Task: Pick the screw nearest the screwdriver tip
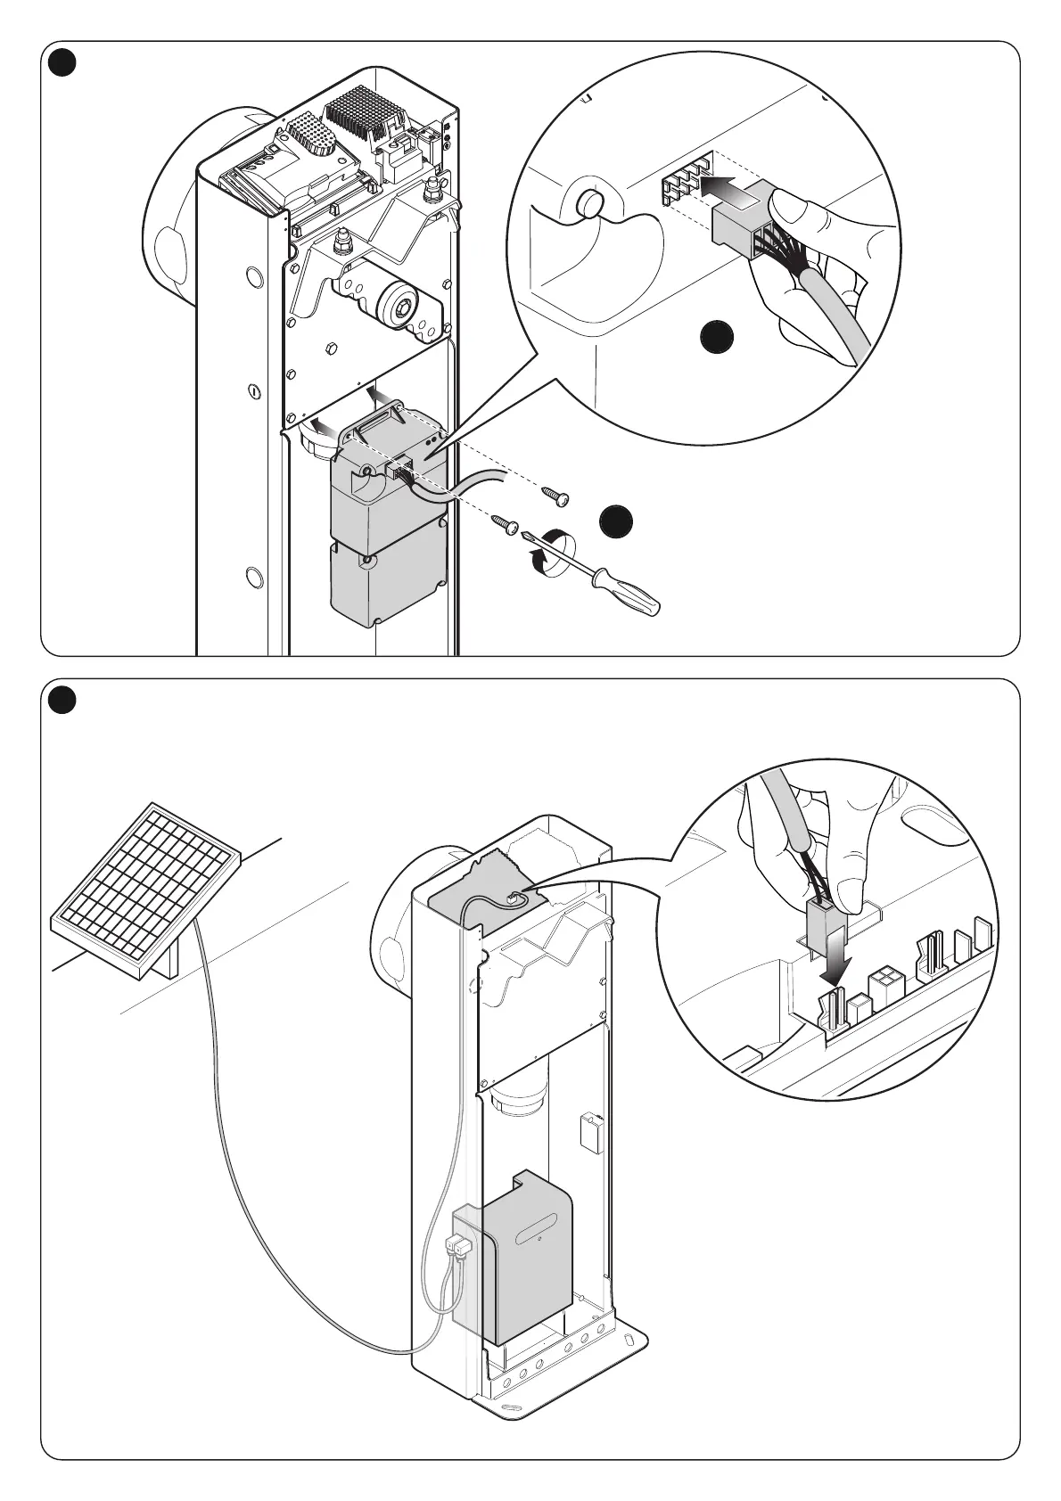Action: (509, 527)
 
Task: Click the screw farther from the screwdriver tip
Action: (559, 497)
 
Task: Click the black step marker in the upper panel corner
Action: (63, 63)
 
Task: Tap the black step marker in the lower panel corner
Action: (63, 701)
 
